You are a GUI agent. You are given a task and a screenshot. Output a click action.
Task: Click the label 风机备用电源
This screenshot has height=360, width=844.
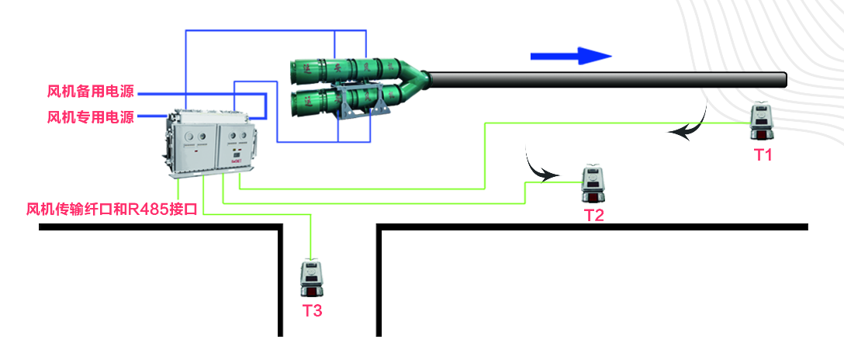click(x=91, y=92)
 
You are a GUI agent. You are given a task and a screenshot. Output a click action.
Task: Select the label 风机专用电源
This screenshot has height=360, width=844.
click(x=91, y=118)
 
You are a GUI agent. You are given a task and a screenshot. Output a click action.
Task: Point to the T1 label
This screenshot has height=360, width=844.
click(x=763, y=154)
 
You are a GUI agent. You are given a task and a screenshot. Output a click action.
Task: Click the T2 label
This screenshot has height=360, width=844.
click(x=593, y=216)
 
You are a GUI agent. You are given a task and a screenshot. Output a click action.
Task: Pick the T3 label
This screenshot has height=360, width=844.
click(x=312, y=311)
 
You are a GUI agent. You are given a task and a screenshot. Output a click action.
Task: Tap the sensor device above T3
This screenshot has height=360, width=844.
click(x=312, y=279)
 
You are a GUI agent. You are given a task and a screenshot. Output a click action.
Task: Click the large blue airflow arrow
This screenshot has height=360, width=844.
click(x=571, y=56)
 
